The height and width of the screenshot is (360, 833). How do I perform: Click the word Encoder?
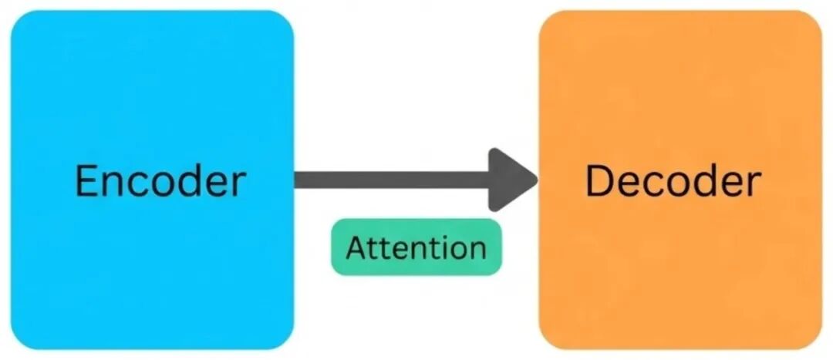pos(160,182)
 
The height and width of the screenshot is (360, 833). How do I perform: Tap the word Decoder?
pos(673,182)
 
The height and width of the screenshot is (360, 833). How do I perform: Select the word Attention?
pos(416,247)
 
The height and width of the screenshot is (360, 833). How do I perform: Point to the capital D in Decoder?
pos(599,182)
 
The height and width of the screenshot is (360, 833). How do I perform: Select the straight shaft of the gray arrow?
pos(392,180)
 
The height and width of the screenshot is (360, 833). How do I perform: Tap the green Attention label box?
pos(416,247)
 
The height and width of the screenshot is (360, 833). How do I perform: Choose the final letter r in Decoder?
pos(755,186)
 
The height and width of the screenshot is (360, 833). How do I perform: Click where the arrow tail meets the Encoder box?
pos(295,180)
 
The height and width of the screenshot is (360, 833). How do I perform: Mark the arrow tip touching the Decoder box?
pos(537,180)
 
